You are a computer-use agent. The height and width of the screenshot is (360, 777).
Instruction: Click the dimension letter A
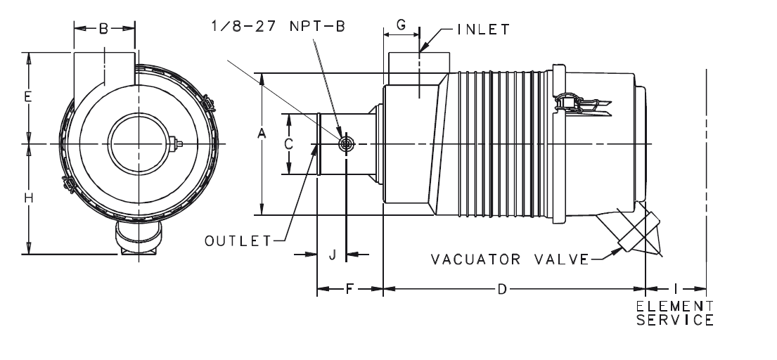262,134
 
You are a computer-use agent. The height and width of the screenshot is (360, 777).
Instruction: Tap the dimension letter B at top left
104,29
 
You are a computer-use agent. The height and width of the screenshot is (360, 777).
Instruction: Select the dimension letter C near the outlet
288,144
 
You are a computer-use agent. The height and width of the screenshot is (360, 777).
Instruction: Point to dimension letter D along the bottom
501,289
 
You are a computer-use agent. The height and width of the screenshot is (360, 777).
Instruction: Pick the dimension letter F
349,289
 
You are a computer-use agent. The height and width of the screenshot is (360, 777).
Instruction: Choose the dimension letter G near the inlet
401,25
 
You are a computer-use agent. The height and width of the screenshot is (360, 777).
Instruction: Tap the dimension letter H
28,199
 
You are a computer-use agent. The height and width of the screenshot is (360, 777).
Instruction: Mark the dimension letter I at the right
676,289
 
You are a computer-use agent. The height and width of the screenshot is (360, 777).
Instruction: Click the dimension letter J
332,255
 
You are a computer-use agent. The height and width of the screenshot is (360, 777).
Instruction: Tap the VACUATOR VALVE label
509,259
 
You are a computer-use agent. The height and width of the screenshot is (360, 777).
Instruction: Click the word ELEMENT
674,307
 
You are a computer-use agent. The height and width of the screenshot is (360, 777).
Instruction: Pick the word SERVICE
674,320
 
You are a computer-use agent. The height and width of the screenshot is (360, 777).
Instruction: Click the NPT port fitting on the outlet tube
346,144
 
